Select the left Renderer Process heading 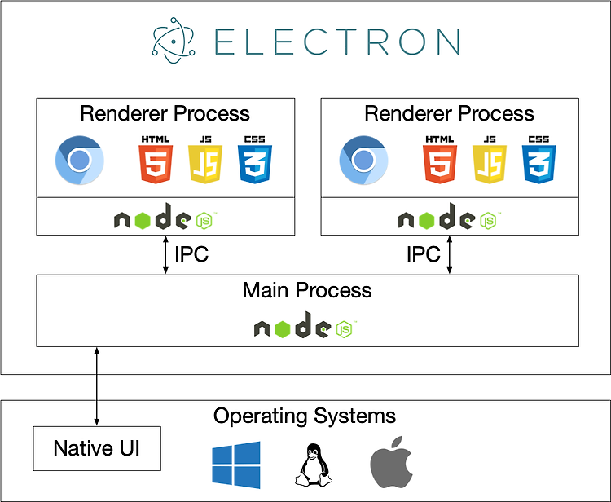[x=165, y=113]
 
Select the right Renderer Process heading [x=449, y=113]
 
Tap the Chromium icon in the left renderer [x=79, y=160]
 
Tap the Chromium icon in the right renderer [x=363, y=160]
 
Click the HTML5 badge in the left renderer [x=155, y=160]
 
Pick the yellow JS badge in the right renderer [x=489, y=160]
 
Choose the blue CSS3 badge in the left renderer [x=254, y=160]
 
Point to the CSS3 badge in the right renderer [x=538, y=160]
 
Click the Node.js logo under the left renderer [x=165, y=218]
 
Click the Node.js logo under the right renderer [x=450, y=218]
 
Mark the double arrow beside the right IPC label [x=450, y=255]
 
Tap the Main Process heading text [x=307, y=290]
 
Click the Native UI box [x=96, y=447]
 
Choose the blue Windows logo [x=236, y=465]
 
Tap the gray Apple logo [x=388, y=465]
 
